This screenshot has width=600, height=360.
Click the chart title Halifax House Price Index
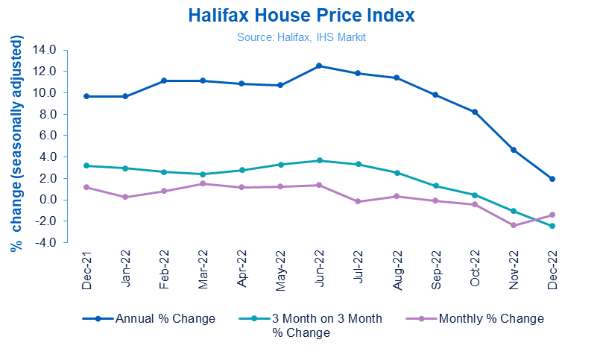click(x=300, y=15)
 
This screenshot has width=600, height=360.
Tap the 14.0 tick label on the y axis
click(x=45, y=50)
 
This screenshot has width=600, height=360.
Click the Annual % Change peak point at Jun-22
click(x=319, y=66)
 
